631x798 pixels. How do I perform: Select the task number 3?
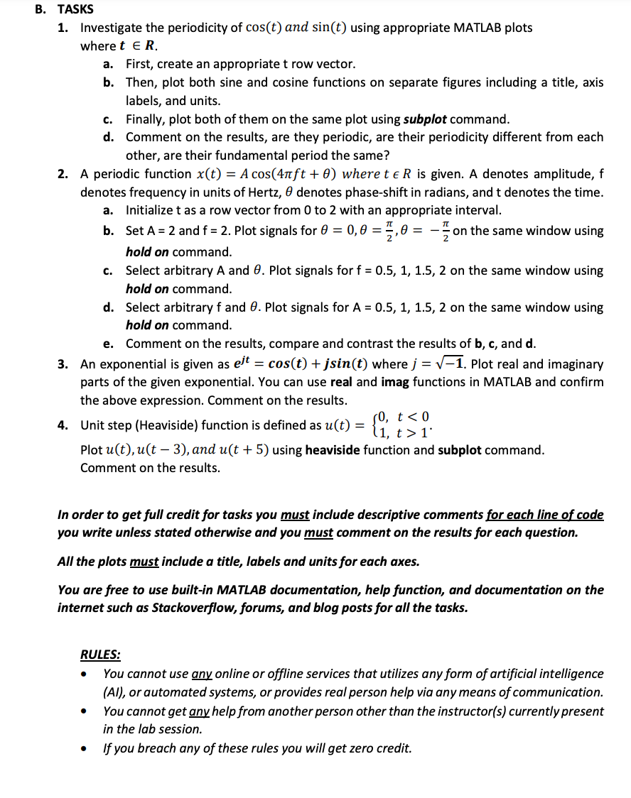tap(63, 364)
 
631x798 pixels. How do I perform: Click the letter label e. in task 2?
tap(109, 344)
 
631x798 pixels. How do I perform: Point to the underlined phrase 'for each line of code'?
tap(544, 514)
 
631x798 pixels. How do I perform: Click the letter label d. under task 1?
tap(109, 137)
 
